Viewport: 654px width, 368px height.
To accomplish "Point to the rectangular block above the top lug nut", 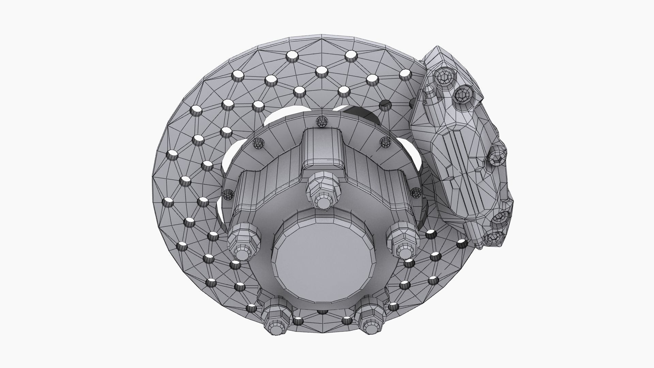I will tap(322, 149).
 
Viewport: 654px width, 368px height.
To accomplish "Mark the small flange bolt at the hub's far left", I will tap(228, 195).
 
